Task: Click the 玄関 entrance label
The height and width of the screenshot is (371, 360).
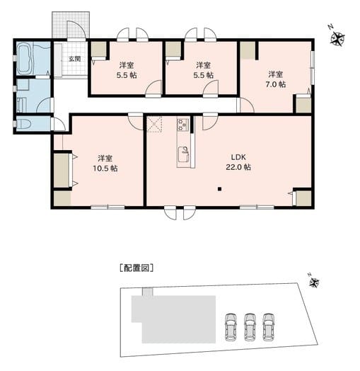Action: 74,59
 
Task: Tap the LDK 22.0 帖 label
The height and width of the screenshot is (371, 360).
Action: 238,162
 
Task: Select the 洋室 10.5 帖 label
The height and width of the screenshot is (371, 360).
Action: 105,164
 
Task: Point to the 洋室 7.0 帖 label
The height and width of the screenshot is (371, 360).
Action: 276,79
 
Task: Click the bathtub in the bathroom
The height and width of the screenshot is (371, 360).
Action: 25,58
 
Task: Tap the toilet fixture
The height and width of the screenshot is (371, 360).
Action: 21,123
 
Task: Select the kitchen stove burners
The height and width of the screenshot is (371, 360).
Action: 182,125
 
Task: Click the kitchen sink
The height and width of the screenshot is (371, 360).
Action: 183,154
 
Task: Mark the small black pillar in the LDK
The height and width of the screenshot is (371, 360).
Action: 219,189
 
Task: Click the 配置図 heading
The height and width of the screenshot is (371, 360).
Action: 137,268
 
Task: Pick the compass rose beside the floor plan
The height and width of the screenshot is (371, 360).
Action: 337,38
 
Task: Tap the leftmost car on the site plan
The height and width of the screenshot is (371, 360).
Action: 231,327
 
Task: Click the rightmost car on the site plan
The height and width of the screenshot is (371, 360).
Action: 269,327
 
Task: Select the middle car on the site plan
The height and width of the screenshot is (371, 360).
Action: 250,327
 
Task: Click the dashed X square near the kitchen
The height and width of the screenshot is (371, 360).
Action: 154,124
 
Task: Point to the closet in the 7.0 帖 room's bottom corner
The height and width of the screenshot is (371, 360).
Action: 303,105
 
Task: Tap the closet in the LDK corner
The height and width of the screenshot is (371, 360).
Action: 303,198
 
